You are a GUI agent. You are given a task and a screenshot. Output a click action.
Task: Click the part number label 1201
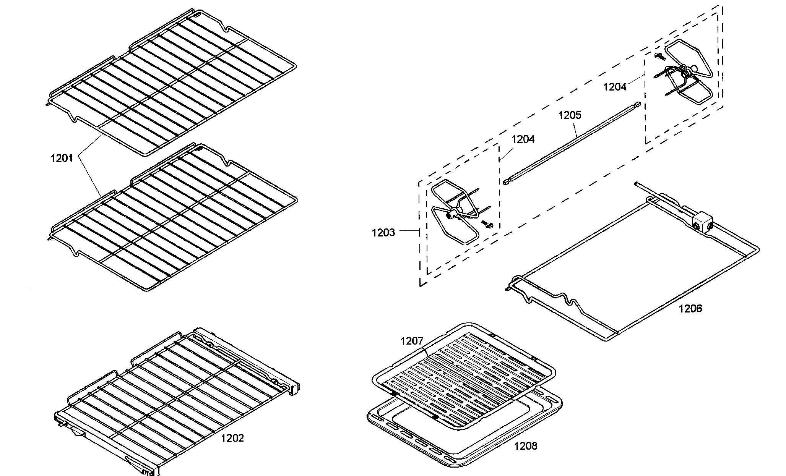[62, 158]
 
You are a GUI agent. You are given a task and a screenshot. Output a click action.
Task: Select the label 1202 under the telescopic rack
[232, 438]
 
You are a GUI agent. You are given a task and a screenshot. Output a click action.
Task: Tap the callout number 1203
[383, 232]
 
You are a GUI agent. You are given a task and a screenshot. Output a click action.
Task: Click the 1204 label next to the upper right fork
[615, 87]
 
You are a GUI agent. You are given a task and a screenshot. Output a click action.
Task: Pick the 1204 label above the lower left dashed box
[523, 139]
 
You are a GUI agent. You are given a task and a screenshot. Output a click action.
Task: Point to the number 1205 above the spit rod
[570, 115]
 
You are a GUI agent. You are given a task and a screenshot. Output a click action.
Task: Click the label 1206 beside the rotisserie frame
[690, 308]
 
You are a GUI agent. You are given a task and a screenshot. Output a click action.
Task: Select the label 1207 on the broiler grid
[412, 341]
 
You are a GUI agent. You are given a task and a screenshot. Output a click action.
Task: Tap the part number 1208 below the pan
[526, 446]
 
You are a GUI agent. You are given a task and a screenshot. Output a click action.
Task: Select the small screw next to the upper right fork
[659, 57]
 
